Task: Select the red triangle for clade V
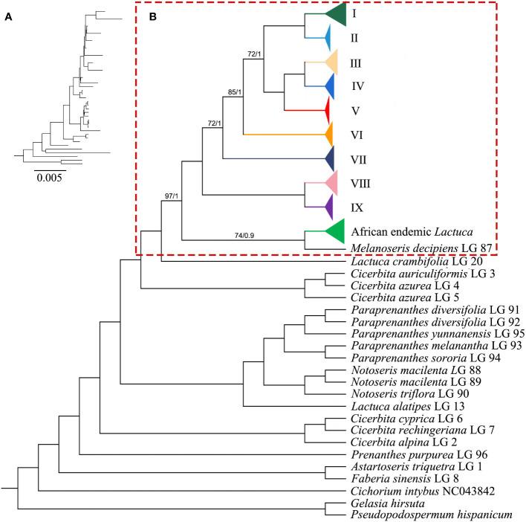325,110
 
